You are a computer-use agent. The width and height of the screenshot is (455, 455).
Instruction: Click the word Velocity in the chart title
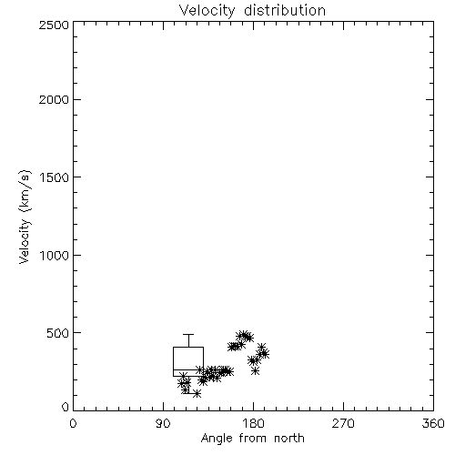coord(207,11)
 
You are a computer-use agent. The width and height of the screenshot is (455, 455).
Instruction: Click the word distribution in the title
coord(285,10)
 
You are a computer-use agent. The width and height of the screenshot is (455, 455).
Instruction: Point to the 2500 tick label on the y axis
coord(54,25)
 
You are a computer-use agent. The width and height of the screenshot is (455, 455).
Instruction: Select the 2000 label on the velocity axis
coord(54,99)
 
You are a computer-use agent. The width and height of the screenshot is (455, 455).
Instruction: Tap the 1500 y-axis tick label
coord(55,177)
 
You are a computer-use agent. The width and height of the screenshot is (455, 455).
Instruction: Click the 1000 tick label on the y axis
coord(55,255)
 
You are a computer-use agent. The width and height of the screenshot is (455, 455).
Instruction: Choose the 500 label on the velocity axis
coord(58,333)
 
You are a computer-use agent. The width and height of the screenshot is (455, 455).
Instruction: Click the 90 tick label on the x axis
coord(163,423)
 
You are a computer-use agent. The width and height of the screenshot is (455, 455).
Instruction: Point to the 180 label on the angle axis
coord(253,423)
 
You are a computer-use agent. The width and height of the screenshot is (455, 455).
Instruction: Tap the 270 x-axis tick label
coord(343,423)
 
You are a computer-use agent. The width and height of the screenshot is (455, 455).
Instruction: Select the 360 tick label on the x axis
coord(433,423)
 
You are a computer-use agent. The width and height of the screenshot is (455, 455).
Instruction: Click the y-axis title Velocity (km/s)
coord(25,217)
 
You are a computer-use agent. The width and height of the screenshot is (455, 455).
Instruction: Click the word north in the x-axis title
coord(289,439)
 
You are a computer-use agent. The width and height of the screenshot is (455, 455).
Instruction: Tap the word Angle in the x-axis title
coord(217,439)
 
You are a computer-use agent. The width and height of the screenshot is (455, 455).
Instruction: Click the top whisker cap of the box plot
coord(188,334)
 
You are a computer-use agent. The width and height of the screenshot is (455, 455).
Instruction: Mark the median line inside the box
coord(188,369)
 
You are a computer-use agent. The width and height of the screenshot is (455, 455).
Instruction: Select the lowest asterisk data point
coord(197,394)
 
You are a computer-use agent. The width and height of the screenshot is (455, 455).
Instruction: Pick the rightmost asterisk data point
coord(265,354)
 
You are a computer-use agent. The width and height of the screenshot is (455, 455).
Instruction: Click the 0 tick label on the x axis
coord(73,423)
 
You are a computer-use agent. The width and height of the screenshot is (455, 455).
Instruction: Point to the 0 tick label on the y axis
coord(66,407)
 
